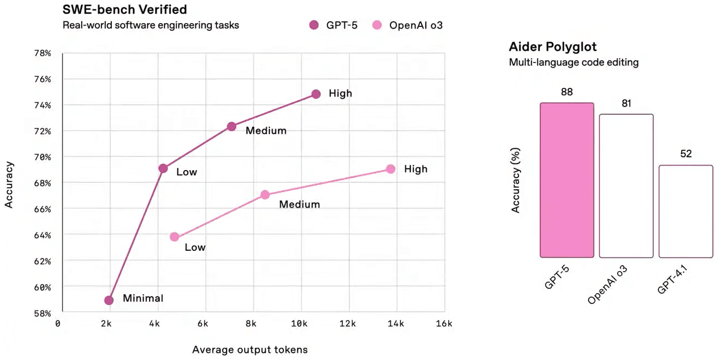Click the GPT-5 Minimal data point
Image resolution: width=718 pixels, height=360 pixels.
click(109, 300)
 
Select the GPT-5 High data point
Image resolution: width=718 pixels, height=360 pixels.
click(316, 94)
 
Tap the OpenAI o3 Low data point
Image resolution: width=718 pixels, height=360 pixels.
click(174, 237)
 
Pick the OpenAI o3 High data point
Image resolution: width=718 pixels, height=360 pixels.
click(391, 169)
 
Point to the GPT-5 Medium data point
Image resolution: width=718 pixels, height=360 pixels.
click(231, 126)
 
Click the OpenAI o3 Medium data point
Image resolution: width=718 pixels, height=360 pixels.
click(265, 195)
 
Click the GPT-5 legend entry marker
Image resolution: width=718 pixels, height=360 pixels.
click(314, 25)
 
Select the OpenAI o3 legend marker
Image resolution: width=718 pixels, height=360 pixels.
click(377, 25)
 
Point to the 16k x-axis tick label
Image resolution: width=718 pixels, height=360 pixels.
click(444, 324)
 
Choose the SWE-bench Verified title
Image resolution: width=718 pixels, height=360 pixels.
click(125, 9)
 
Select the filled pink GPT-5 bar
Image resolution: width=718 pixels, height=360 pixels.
click(567, 180)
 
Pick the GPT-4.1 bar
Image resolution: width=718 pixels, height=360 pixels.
click(686, 211)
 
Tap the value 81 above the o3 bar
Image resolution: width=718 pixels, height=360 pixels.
click(626, 103)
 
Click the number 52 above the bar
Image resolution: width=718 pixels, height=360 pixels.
click(686, 154)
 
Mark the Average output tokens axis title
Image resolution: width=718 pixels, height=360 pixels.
click(250, 350)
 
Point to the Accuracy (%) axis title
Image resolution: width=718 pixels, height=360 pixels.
click(516, 180)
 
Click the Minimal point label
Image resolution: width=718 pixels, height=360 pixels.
click(143, 299)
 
